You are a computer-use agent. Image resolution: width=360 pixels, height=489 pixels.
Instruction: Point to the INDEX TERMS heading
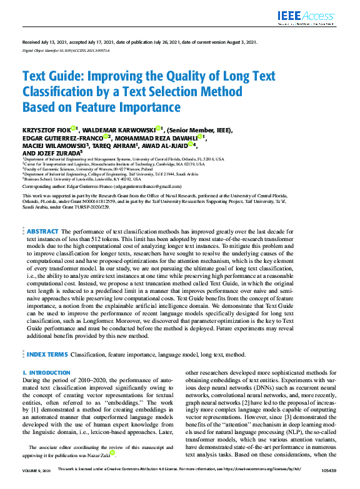(x=47, y=354)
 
